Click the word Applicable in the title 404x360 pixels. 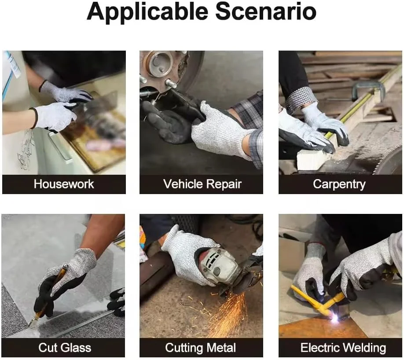147,12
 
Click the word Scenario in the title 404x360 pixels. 266,11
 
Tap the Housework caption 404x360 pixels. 64,184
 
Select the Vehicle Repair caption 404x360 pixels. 202,184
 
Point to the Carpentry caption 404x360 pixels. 339,184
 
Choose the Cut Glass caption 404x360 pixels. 65,347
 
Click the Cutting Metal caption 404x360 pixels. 200,348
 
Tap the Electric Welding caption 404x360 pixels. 343,348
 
